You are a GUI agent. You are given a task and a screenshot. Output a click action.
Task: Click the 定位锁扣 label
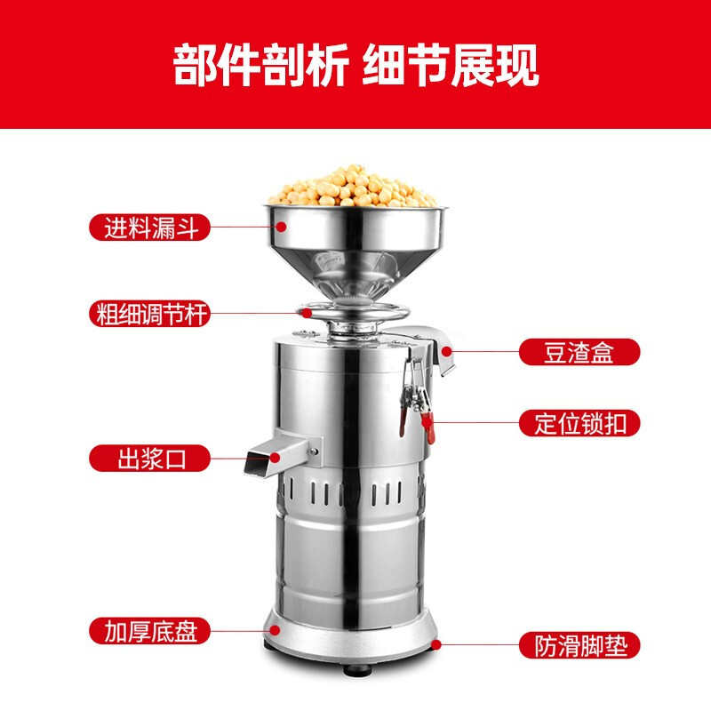579,422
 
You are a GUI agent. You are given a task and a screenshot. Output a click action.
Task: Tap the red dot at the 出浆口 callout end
275,459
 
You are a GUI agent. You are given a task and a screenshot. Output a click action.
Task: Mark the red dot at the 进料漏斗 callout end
280,227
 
